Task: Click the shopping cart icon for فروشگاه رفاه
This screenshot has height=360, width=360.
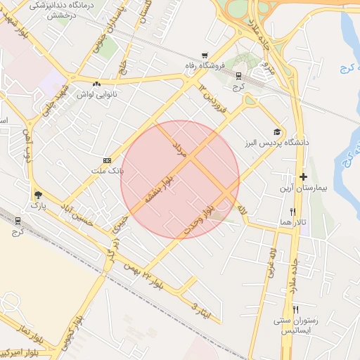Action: [x=205, y=55]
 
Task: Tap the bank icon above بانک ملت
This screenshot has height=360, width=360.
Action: [x=107, y=160]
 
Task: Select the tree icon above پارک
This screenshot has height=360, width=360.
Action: [x=37, y=195]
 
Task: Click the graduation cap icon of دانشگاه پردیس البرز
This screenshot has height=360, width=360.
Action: [x=277, y=132]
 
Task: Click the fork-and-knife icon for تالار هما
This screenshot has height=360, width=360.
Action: [x=292, y=211]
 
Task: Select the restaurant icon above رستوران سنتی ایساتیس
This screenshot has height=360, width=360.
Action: [x=296, y=309]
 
